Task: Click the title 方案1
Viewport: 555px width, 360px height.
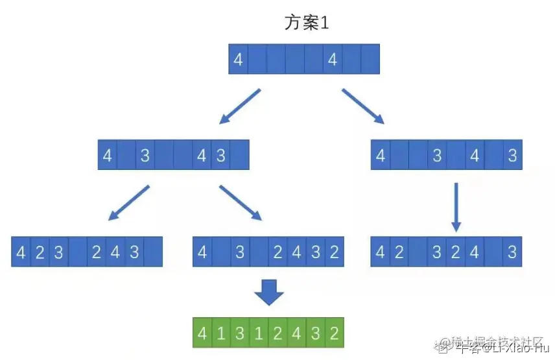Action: [x=308, y=23]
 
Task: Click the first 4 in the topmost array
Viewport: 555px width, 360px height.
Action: [x=238, y=60]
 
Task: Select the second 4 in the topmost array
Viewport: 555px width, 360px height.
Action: [x=333, y=60]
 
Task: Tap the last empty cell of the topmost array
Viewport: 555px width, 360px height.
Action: [x=370, y=60]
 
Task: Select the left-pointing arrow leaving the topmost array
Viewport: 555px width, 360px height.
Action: [x=239, y=106]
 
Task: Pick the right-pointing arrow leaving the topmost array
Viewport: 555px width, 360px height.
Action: [x=362, y=106]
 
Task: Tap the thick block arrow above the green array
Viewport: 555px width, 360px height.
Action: [x=268, y=292]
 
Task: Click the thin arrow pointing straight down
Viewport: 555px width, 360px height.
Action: [x=456, y=207]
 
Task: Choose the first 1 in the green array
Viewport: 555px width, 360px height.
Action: [x=221, y=334]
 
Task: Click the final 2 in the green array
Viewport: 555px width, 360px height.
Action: [x=334, y=334]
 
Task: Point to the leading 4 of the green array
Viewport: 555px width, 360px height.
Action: [x=202, y=334]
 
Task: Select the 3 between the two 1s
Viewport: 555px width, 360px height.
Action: [x=240, y=334]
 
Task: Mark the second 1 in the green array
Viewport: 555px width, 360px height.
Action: [x=259, y=334]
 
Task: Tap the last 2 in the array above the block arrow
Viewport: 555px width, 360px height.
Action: [x=334, y=252]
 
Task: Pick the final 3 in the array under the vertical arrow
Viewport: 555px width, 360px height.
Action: [x=512, y=252]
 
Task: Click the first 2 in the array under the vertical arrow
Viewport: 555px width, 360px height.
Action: [x=399, y=252]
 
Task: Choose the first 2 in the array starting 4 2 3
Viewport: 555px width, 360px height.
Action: [x=40, y=252]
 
